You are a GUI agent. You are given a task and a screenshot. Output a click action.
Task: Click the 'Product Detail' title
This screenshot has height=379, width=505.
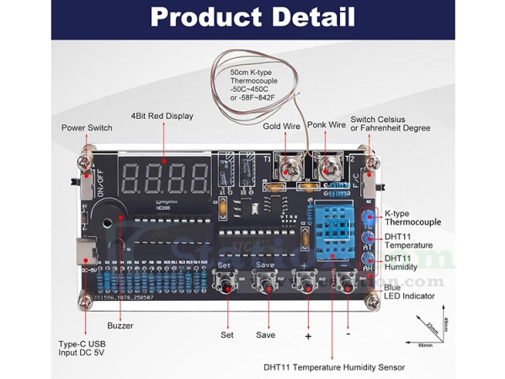point(252,17)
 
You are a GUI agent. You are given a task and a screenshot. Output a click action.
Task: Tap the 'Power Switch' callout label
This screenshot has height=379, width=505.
point(88,128)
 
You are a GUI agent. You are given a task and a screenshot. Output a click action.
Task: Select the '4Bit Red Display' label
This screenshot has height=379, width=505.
point(162,116)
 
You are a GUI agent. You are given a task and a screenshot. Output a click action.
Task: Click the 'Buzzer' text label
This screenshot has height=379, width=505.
point(120,324)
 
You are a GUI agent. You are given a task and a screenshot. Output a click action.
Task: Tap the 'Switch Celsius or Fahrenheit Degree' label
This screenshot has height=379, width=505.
point(390,124)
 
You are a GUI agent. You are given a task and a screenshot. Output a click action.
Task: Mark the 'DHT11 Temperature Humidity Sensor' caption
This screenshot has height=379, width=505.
point(334,367)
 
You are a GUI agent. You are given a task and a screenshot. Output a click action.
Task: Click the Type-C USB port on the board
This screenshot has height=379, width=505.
point(85,249)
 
